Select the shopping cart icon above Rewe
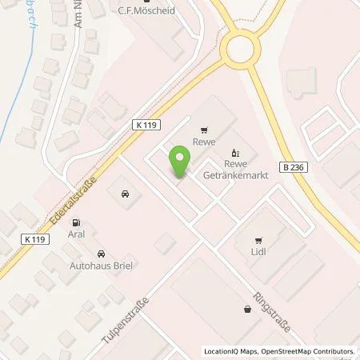point(205,128)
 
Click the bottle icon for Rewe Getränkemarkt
point(234,153)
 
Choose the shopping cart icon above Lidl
point(258,239)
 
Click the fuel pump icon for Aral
point(75,222)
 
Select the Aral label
point(76,235)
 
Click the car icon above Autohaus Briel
point(125,194)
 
